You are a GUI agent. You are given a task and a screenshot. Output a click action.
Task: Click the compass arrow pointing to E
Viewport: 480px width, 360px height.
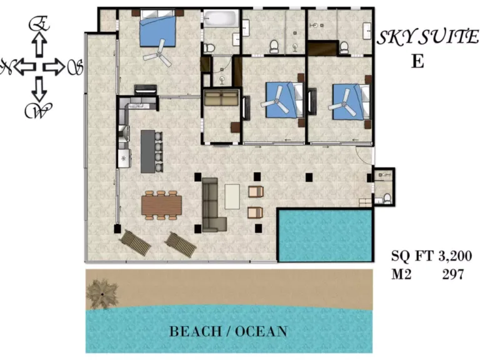[39, 44]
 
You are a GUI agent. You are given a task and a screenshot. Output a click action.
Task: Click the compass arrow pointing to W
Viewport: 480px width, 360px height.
[39, 89]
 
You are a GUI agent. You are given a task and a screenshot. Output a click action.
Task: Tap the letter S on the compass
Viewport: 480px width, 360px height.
[75, 67]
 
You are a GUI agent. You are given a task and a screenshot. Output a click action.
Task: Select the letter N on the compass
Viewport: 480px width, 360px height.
[7, 67]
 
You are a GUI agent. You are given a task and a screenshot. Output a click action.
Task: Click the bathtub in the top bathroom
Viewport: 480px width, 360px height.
[221, 19]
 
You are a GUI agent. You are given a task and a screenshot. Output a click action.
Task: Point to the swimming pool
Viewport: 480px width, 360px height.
[325, 235]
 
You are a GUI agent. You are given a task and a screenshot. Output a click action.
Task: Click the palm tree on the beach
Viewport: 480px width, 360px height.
[102, 294]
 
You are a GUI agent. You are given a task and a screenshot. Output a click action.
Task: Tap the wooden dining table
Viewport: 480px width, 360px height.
[161, 205]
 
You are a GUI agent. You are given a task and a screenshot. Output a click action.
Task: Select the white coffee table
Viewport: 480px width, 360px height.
[232, 196]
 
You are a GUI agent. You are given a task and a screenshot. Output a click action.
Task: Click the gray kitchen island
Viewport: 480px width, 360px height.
[148, 151]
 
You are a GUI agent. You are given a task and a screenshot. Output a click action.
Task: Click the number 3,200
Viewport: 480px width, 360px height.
[455, 256]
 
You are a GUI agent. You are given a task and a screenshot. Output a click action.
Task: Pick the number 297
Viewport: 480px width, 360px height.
[453, 274]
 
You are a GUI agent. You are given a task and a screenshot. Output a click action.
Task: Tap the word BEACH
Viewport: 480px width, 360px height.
[195, 331]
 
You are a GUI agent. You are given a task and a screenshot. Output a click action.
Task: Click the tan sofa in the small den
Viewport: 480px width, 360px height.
[221, 97]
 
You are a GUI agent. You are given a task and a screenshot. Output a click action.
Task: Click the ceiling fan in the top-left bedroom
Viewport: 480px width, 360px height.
[159, 54]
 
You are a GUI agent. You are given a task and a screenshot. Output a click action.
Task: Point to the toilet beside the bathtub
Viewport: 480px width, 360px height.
[209, 47]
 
